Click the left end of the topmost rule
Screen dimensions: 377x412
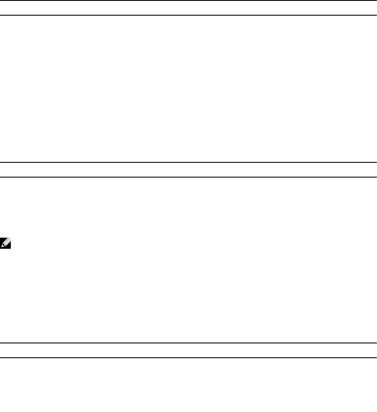coord(1,1)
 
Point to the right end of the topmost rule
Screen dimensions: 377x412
coord(375,1)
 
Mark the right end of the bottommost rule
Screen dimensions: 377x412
coord(375,358)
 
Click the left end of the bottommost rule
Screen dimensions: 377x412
coord(1,358)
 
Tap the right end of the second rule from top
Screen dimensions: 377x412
coord(375,15)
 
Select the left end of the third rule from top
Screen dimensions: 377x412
coord(1,162)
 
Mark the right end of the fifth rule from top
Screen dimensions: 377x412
coord(375,343)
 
